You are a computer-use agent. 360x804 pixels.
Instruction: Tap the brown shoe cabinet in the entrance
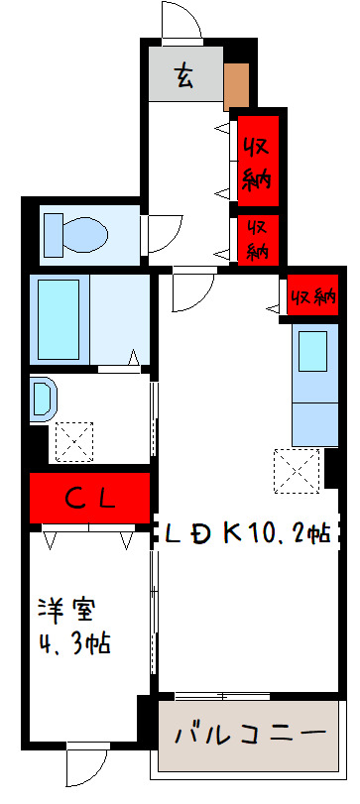click(x=236, y=85)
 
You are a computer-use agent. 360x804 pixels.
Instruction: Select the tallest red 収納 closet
click(x=257, y=161)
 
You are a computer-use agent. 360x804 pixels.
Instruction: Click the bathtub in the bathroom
click(x=58, y=319)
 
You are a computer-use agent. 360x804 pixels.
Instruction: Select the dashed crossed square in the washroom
click(x=72, y=441)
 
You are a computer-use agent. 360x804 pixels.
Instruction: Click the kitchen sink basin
click(x=312, y=351)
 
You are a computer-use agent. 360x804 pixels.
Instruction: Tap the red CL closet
click(x=90, y=499)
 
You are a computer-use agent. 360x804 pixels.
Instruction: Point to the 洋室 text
click(x=67, y=608)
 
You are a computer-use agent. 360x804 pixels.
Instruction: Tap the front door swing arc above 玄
click(x=181, y=22)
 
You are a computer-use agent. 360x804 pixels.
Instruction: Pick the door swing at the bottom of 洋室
click(x=85, y=765)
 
